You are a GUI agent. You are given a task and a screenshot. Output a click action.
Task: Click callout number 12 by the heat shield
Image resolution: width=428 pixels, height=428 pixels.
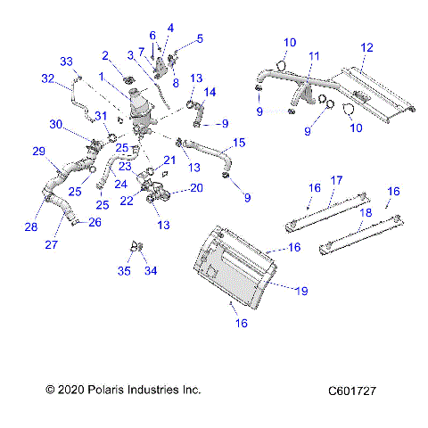pos(366,46)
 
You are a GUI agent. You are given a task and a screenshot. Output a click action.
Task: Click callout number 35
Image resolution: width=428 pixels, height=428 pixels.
pos(126,270)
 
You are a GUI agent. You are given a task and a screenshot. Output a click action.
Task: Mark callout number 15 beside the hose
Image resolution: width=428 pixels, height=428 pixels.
pos(238,143)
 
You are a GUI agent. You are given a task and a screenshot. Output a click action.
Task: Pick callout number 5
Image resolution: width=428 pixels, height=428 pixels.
pos(199,38)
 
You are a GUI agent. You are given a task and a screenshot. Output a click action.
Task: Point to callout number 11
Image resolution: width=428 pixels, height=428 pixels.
pos(312,56)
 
